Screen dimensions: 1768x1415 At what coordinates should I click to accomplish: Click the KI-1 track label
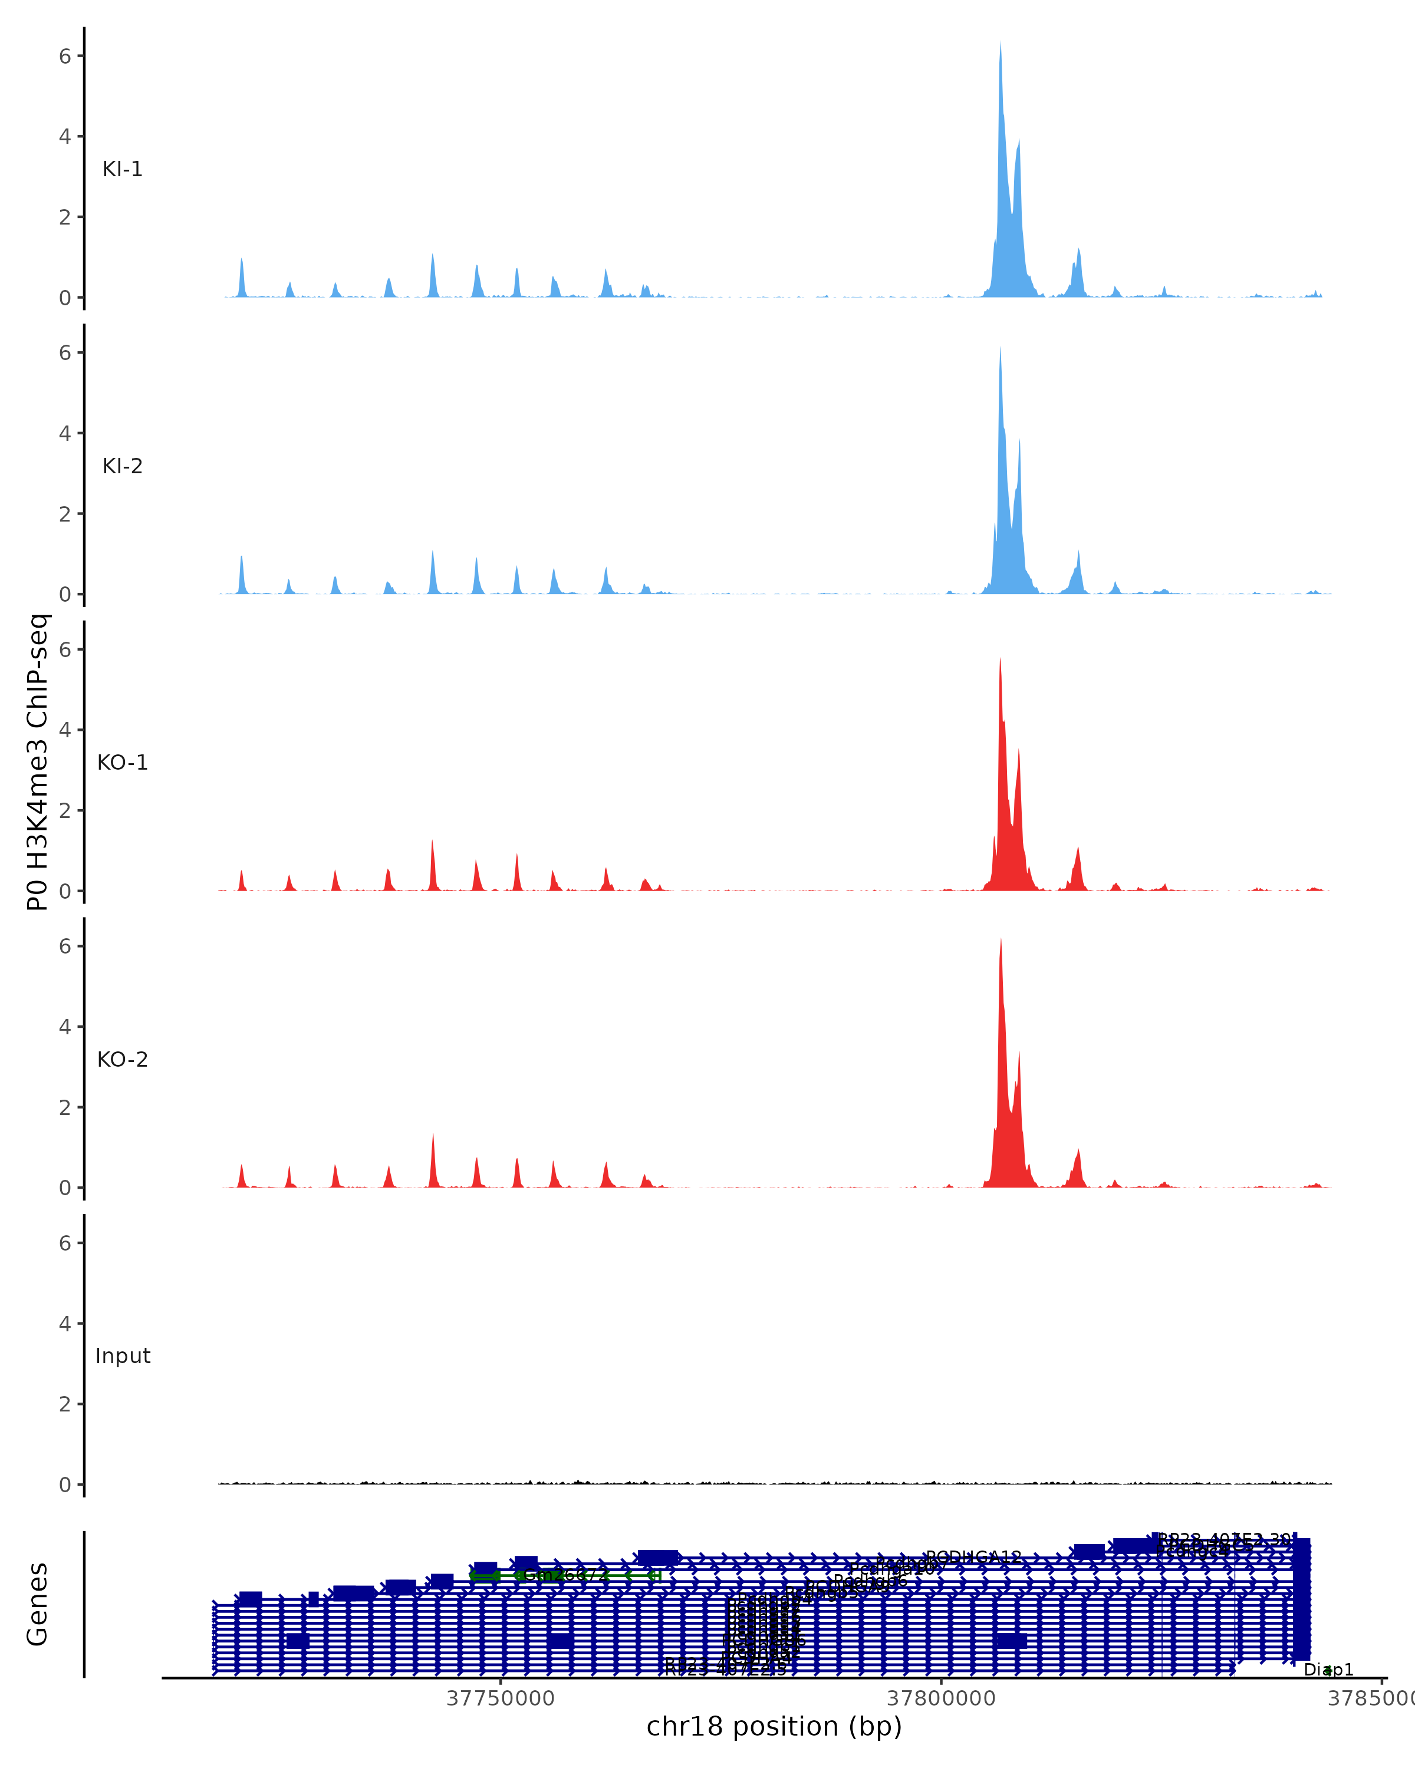[122, 170]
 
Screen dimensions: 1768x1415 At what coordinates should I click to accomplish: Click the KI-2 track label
[122, 467]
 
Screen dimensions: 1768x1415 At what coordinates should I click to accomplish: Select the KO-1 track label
[122, 763]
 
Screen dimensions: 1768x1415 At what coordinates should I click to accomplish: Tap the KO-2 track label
[122, 1060]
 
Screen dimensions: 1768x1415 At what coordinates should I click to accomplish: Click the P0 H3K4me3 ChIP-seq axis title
[38, 763]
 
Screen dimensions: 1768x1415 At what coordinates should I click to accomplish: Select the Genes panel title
[38, 1605]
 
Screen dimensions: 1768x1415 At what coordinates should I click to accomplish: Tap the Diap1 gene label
[1328, 1670]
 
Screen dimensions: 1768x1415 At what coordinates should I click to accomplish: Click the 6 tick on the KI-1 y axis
[65, 56]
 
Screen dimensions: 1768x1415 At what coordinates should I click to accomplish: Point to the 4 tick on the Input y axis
[65, 1324]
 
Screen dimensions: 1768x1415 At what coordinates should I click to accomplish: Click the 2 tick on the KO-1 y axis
[65, 811]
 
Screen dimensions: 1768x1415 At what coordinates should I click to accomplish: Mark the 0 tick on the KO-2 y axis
[65, 1188]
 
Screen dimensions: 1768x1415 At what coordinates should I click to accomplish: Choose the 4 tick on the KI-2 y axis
[65, 434]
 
